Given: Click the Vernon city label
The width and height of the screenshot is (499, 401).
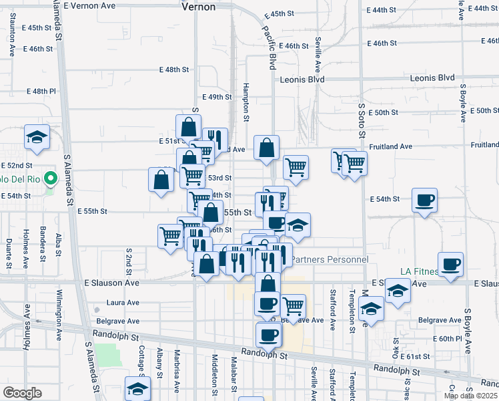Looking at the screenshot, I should point(198,7).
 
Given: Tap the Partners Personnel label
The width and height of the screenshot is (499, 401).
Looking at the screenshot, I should point(330,259).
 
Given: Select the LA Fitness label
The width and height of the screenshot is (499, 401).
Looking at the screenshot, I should point(419,271).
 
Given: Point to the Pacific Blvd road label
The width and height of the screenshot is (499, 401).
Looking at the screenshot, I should point(269,48).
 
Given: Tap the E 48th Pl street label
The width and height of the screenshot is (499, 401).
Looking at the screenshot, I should point(41,92).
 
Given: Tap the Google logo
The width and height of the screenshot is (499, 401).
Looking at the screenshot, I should point(22,393).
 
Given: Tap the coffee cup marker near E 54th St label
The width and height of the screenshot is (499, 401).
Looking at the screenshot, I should point(424,199).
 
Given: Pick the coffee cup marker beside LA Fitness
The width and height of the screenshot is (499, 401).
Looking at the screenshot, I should point(450,263).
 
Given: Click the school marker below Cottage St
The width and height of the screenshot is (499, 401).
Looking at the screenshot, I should point(137,388).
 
